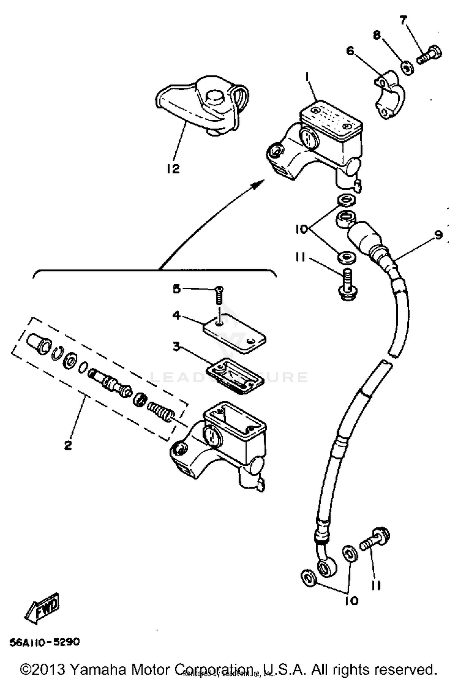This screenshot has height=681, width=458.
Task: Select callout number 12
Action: point(173,168)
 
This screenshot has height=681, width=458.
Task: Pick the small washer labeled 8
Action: point(407,68)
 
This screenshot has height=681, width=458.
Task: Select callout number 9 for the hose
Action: point(438,235)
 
